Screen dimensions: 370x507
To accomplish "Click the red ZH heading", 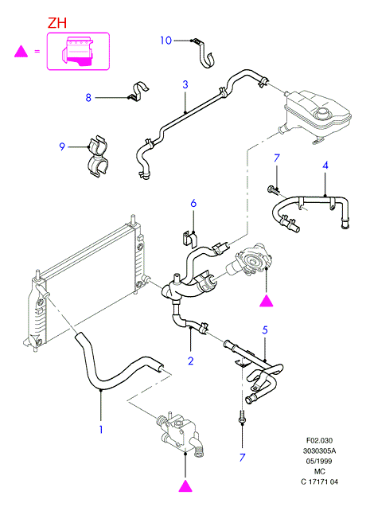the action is tap(57, 23).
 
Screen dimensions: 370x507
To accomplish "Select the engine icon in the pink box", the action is tap(77, 51).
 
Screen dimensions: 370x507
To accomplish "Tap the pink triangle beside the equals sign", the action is tap(21, 52).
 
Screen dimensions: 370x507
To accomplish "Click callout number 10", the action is tap(166, 41).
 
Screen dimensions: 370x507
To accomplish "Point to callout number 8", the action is tap(88, 97).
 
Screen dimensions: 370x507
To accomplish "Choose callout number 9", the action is tap(62, 146).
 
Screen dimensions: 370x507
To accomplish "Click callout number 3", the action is tap(185, 84).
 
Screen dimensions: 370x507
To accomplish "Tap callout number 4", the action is tap(325, 166).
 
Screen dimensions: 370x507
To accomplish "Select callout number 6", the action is tap(193, 203).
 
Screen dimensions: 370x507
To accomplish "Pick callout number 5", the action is tap(265, 330).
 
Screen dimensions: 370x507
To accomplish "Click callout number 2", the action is tap(191, 361).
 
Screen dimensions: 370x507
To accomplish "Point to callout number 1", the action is tap(101, 430).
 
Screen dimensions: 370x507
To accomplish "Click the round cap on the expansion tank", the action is tap(321, 113).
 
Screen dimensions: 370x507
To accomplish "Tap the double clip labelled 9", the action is tap(97, 157).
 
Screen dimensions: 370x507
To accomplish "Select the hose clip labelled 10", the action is tap(204, 53).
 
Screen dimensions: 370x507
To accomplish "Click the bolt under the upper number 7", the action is tap(274, 189).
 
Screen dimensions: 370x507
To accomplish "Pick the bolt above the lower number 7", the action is tap(242, 416).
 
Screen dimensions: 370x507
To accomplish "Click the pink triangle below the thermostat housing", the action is tap(185, 486).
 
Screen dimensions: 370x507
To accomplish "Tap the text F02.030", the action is tap(319, 440).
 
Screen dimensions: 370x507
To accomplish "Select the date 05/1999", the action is tap(319, 461).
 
